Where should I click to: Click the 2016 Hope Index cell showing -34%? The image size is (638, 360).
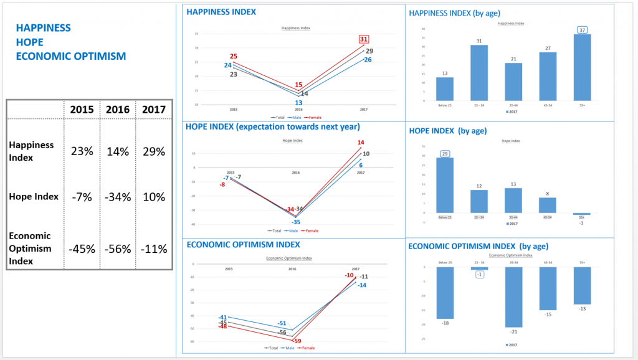point(117,197)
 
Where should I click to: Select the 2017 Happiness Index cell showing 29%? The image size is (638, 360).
point(153,151)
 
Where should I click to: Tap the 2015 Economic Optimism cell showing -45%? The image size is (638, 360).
point(82,249)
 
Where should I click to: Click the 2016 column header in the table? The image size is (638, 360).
point(117,110)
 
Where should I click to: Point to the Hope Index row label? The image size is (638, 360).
point(34,197)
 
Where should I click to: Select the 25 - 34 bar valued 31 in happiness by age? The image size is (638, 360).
point(479,72)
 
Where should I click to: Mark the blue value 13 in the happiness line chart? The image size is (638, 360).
point(298,103)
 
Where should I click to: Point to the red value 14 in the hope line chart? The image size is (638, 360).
point(361,143)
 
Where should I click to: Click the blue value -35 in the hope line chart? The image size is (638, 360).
point(297,222)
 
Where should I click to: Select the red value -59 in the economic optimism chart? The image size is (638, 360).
point(297,341)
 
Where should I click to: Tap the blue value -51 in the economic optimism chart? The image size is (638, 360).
point(282,323)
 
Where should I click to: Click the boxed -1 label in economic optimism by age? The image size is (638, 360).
point(479,275)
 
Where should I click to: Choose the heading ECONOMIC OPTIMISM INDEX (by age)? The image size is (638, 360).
point(478,246)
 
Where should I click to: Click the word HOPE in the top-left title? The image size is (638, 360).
point(29,42)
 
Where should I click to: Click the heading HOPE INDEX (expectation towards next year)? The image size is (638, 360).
point(272,126)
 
